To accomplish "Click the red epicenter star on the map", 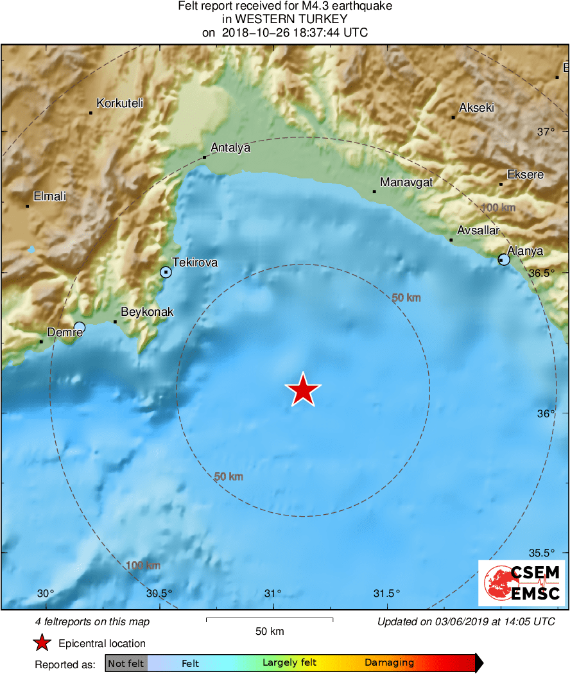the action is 302,390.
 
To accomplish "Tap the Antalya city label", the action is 230,148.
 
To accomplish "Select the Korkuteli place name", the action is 119,103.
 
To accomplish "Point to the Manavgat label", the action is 406,183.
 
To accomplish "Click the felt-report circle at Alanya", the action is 504,259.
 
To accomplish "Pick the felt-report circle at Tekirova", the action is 166,272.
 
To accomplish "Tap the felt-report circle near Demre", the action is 79,327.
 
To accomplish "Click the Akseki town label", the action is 476,108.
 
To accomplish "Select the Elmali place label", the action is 49,196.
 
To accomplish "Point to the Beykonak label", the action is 147,312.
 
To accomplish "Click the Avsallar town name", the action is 478,230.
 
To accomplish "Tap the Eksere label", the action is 525,175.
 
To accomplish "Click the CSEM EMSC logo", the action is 521,583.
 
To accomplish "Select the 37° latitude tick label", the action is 546,132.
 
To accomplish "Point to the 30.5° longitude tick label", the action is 159,593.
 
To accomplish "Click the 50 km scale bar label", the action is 270,632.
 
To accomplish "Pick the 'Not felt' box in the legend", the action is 126,663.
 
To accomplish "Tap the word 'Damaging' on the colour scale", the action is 389,663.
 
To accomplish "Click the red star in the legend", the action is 42,643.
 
